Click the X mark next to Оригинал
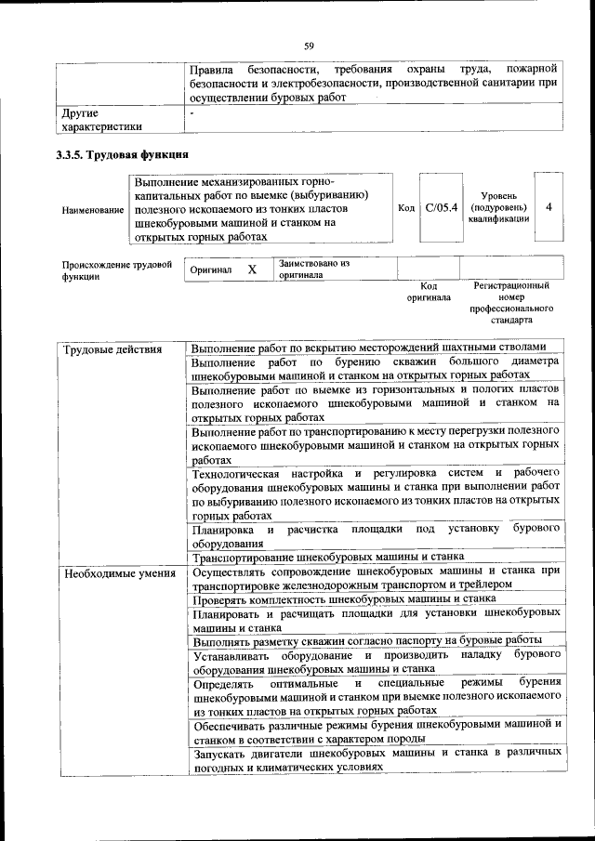(x=251, y=269)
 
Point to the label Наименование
(x=93, y=211)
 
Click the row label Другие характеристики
(x=101, y=120)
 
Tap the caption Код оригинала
(x=429, y=292)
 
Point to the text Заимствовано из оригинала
(x=313, y=269)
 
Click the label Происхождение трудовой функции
(x=117, y=270)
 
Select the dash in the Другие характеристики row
(x=192, y=113)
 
